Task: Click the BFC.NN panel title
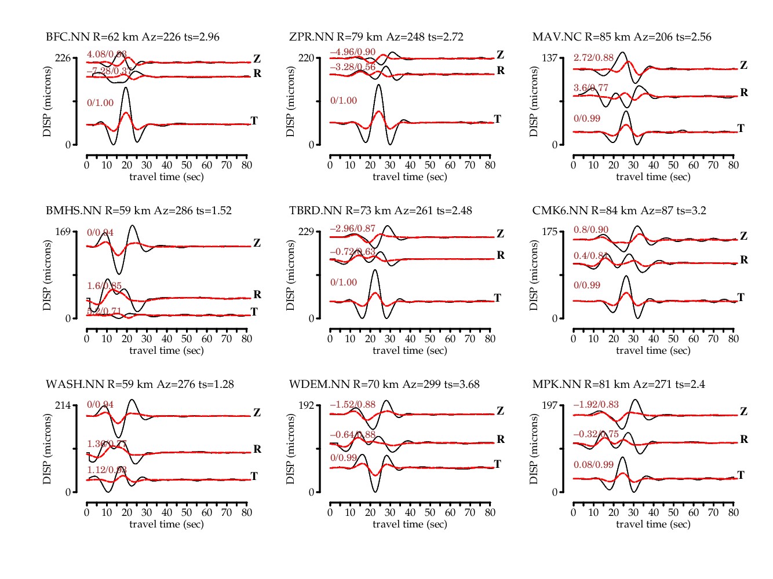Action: [x=133, y=37]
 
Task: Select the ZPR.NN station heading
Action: [x=376, y=37]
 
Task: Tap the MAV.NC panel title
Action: [x=622, y=37]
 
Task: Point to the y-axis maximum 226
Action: [x=63, y=58]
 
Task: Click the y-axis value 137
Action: [x=549, y=58]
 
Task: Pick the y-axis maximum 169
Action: [x=63, y=232]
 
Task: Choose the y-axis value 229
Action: [x=306, y=232]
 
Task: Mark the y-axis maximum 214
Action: [x=63, y=405]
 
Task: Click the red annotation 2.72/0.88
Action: [x=593, y=58]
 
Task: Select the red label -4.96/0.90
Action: [x=352, y=53]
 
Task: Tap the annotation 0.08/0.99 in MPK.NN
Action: [x=593, y=464]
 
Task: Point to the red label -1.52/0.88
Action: [x=352, y=405]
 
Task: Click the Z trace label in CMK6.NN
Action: [x=744, y=236]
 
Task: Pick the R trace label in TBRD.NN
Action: [x=501, y=255]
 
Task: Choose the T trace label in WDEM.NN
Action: [x=497, y=464]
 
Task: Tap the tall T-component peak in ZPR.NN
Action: [x=378, y=86]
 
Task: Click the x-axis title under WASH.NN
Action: [x=166, y=524]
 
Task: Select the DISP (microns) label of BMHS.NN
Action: [x=47, y=275]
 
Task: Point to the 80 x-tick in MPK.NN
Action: [x=734, y=512]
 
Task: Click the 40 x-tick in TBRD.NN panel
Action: [x=410, y=339]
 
